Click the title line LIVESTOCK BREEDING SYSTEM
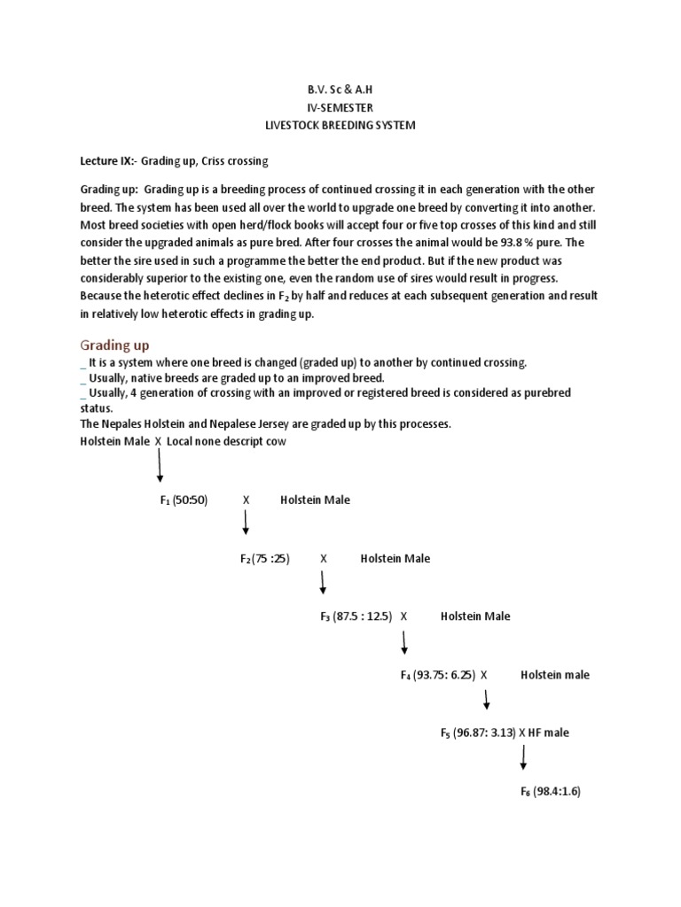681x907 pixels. tap(340, 126)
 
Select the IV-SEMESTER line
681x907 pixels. tap(340, 107)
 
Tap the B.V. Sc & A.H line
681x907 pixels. tap(340, 89)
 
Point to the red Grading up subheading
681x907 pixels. tap(116, 344)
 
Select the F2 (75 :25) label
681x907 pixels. tap(265, 559)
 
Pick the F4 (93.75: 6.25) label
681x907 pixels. tap(438, 675)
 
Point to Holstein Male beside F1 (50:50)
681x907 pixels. tap(315, 500)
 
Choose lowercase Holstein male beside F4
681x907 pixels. tap(554, 675)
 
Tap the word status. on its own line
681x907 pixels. tap(95, 408)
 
